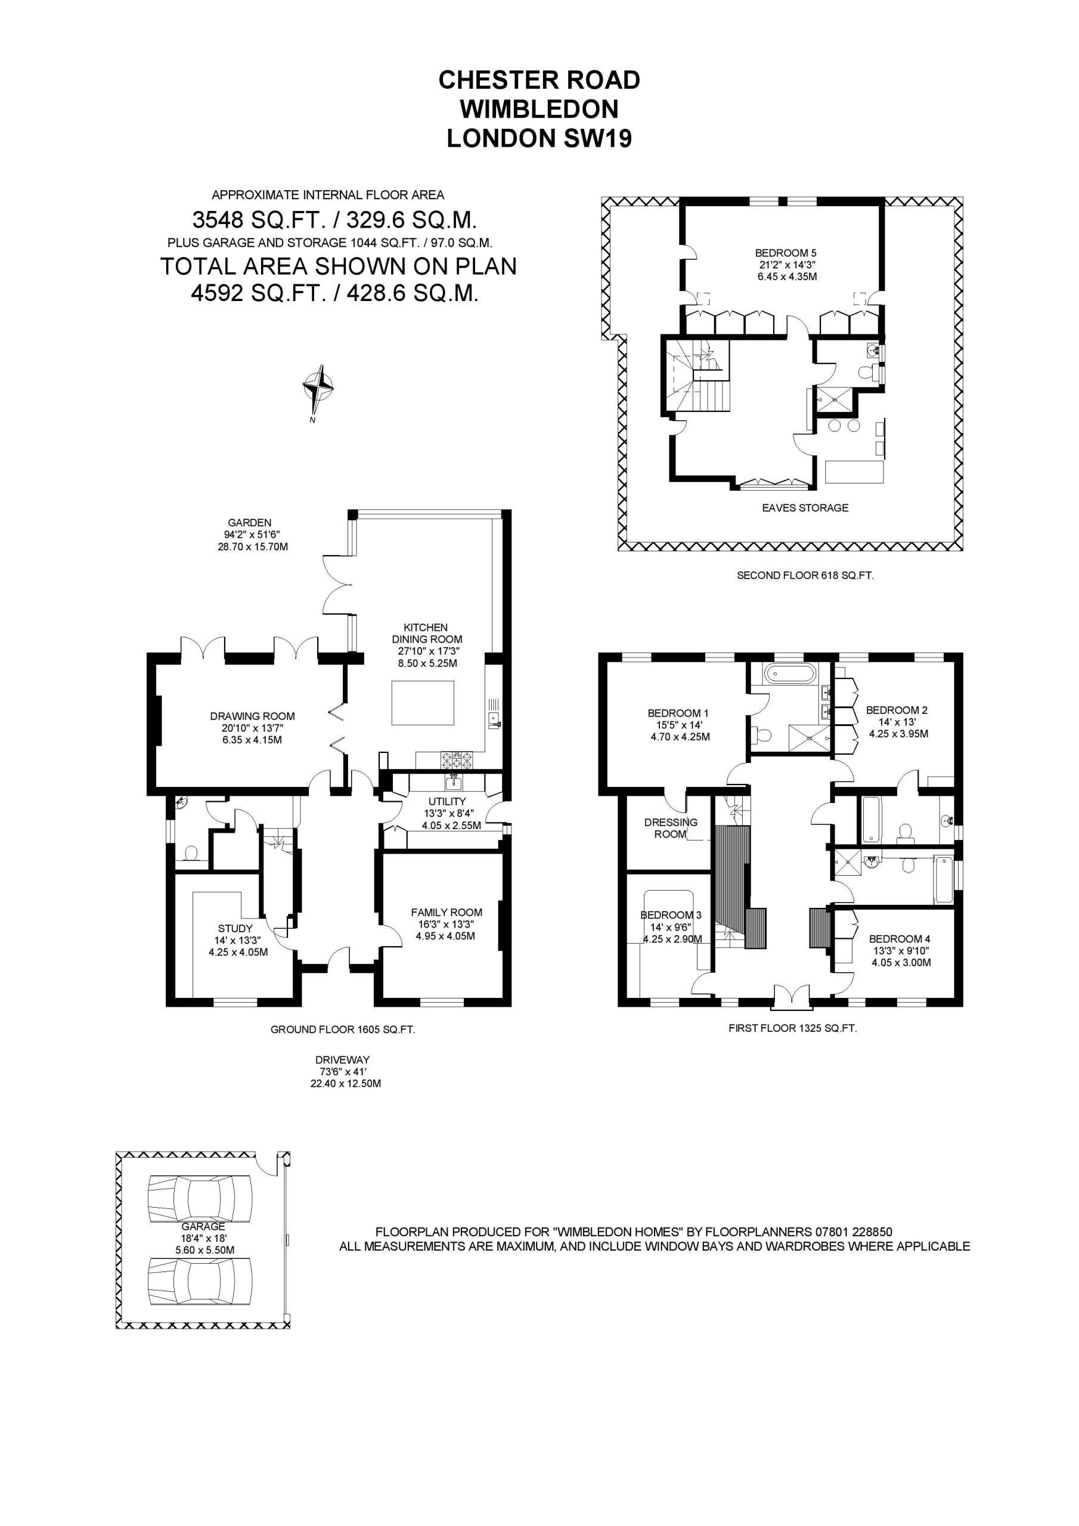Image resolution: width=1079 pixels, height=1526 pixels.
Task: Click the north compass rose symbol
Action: tap(318, 386)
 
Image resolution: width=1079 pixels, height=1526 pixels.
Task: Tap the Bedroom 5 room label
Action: tap(785, 253)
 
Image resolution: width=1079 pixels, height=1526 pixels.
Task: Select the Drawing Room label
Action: tap(252, 717)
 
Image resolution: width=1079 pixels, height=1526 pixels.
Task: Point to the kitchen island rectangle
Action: tap(423, 703)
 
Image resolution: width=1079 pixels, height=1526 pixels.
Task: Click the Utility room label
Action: tap(447, 802)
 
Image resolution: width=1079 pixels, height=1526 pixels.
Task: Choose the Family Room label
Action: tap(446, 913)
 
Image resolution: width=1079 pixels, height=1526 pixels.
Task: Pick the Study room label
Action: tap(235, 929)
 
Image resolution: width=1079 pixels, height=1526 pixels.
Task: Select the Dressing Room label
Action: tap(670, 828)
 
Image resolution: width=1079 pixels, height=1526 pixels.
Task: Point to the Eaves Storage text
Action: tap(805, 508)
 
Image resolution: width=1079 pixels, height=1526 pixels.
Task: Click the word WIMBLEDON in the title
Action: tap(539, 109)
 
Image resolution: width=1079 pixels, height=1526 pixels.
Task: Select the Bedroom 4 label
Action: tap(900, 939)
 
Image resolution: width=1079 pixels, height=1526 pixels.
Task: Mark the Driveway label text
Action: tap(342, 1060)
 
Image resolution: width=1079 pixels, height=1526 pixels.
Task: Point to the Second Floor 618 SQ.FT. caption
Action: tap(805, 576)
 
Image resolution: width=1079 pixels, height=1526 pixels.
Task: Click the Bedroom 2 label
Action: tap(897, 711)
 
